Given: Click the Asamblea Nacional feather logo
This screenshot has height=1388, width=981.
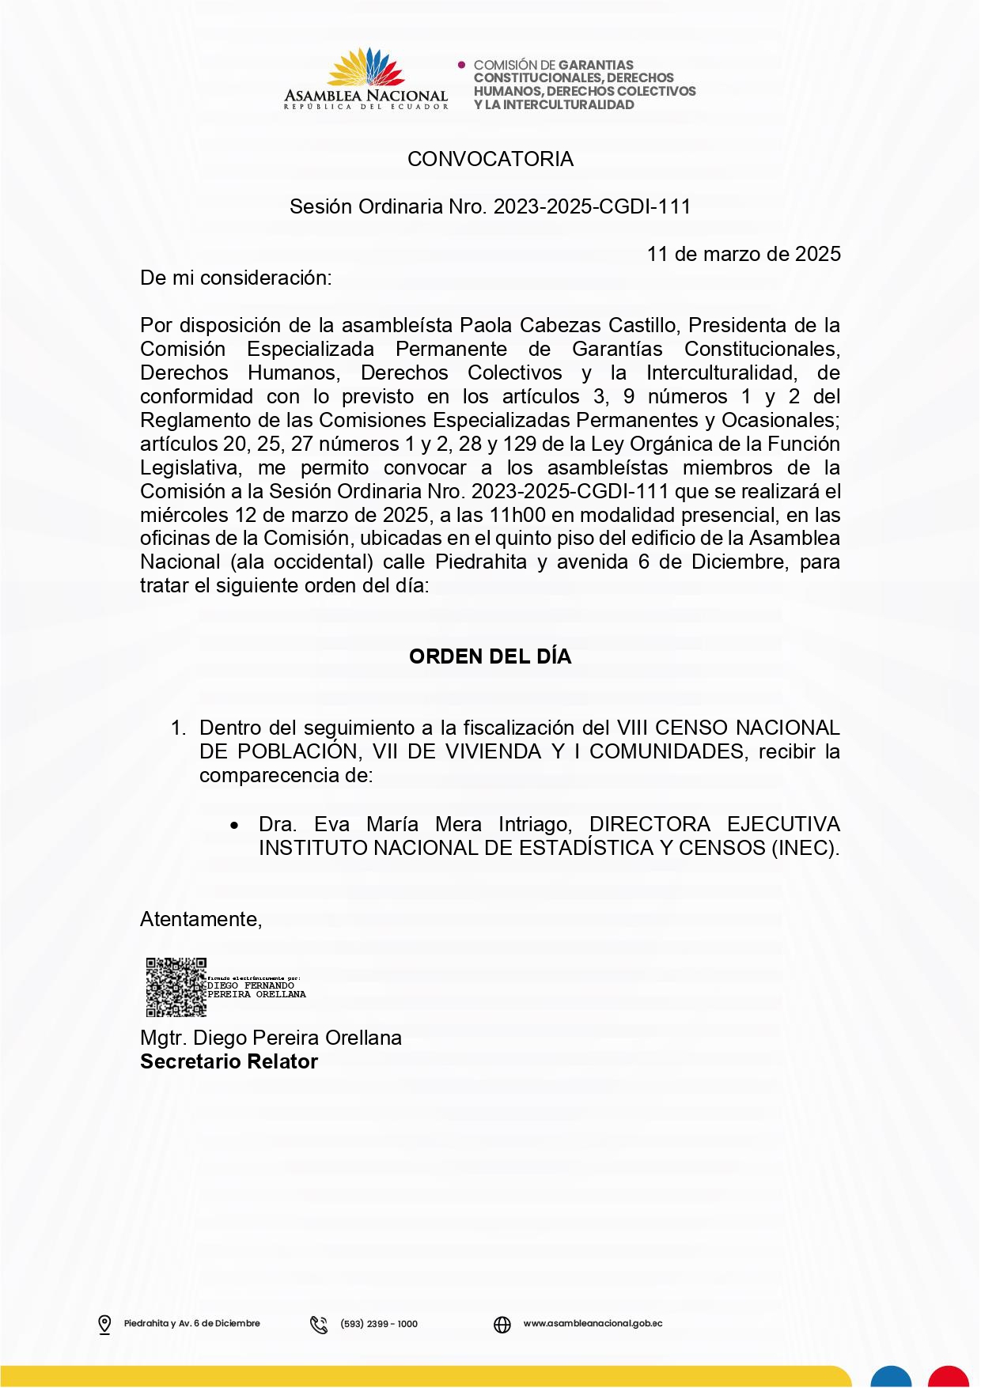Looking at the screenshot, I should pyautogui.click(x=366, y=68).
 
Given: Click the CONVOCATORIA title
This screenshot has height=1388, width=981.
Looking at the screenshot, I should pyautogui.click(x=490, y=159).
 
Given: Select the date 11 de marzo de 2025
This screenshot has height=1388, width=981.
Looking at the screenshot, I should pyautogui.click(x=744, y=254).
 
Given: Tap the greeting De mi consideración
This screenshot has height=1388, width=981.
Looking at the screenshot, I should pyautogui.click(x=236, y=278).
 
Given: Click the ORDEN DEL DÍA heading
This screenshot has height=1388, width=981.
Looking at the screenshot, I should pyautogui.click(x=490, y=656).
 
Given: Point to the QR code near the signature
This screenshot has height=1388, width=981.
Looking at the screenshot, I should pyautogui.click(x=176, y=987).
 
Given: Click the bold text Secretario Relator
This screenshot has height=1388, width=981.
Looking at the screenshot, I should pyautogui.click(x=229, y=1061).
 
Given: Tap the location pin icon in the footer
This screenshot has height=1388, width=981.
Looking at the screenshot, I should pyautogui.click(x=104, y=1324).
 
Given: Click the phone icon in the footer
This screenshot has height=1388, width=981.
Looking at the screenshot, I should pyautogui.click(x=319, y=1324).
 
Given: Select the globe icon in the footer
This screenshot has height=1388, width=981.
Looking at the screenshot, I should pyautogui.click(x=502, y=1324).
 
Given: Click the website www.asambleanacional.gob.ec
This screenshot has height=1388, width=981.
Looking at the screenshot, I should pyautogui.click(x=593, y=1323).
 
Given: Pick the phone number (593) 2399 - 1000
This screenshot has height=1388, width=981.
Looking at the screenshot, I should pyautogui.click(x=379, y=1324).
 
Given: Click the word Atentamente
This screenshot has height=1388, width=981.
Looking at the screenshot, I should pyautogui.click(x=200, y=919).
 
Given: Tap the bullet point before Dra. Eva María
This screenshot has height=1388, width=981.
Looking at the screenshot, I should pyautogui.click(x=234, y=826).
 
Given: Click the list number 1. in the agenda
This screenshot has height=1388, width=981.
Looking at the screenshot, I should pyautogui.click(x=179, y=728).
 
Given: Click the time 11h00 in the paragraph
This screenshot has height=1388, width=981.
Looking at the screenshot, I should pyautogui.click(x=517, y=515).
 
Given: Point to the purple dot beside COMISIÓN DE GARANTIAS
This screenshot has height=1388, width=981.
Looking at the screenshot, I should pyautogui.click(x=462, y=65).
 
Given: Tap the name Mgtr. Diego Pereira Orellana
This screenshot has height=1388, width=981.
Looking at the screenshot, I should pyautogui.click(x=271, y=1038).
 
